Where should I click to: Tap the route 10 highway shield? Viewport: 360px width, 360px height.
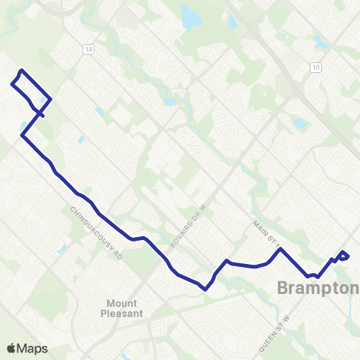click(x=316, y=67)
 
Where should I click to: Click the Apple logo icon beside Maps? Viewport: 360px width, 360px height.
click(x=12, y=348)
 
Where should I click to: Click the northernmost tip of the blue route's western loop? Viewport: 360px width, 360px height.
click(x=21, y=70)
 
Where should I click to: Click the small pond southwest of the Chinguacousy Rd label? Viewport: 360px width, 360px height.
click(x=61, y=248)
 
